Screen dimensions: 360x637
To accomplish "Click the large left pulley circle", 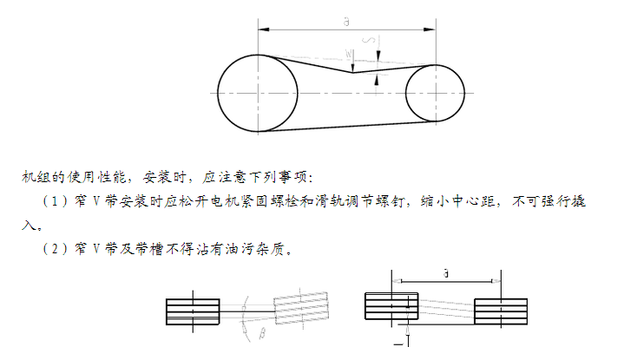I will point(258,91).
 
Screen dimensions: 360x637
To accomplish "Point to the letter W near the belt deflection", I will point(349,55).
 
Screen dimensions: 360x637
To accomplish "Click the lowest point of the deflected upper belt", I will point(351,72).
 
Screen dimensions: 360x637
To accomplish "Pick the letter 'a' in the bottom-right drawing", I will point(445,273).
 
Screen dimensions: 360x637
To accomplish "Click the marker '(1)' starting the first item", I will point(54,202).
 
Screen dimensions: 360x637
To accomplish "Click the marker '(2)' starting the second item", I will point(54,250).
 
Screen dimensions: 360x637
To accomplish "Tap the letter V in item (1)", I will point(97,202).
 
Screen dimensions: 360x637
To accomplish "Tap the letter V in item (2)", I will point(97,250).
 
